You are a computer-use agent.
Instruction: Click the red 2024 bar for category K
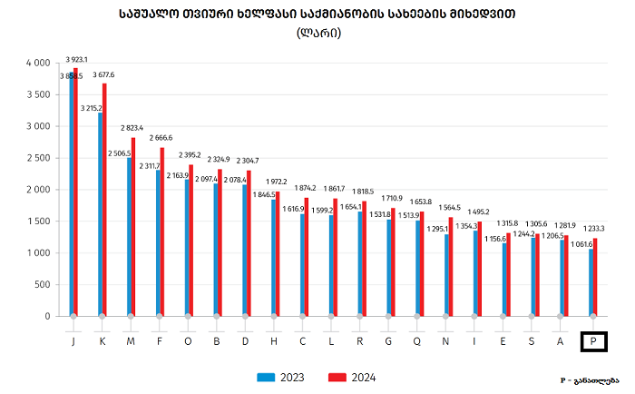(x=105, y=200)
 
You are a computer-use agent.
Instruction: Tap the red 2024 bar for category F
(x=163, y=231)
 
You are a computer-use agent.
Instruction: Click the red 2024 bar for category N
(x=451, y=267)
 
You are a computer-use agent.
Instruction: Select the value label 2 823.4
(x=134, y=129)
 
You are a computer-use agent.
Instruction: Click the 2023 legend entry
(x=280, y=377)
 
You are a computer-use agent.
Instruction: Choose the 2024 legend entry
(x=352, y=377)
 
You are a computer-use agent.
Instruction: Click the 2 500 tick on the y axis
(x=36, y=158)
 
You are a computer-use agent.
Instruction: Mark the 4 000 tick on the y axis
(x=36, y=63)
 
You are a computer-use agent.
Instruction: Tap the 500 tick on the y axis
(x=42, y=285)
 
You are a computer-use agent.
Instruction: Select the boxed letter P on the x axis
(x=593, y=341)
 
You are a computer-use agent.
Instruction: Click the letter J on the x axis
(x=72, y=341)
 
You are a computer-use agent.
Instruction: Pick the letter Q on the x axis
(x=418, y=341)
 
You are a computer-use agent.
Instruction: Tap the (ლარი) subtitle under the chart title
(x=317, y=34)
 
